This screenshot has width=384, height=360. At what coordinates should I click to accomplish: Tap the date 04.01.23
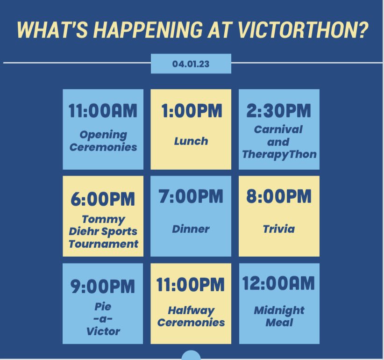point(191,64)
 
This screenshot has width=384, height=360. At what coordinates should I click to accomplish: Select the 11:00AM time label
point(103,112)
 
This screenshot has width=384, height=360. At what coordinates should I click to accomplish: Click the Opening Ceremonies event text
point(103,141)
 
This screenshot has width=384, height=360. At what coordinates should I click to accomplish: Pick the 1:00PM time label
point(191,112)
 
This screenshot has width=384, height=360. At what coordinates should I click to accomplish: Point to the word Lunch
point(191,141)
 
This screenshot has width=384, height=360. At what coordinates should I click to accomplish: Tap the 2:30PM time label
point(279,111)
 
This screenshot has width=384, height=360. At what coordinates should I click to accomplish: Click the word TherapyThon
point(279,154)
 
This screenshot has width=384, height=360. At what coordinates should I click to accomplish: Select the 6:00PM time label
point(103,198)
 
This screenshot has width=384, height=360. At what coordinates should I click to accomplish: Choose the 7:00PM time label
point(191,197)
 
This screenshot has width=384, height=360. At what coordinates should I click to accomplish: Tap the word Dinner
point(191,229)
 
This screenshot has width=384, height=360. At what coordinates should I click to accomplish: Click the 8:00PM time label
point(279,197)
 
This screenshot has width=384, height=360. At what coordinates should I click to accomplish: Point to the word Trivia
point(279,229)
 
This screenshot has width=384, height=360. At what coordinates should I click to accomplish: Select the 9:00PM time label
point(103,286)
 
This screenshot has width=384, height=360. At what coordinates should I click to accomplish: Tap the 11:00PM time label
point(191,285)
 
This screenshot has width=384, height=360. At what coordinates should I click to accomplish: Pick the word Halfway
point(191,310)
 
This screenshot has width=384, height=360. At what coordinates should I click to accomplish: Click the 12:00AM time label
point(279,284)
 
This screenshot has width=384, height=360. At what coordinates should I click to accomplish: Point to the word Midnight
point(279,310)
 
